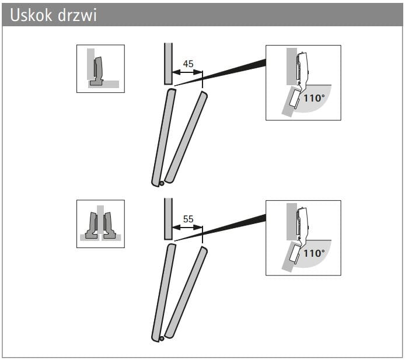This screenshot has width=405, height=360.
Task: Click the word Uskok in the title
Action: (31, 15)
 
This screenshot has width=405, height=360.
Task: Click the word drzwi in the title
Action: (77, 15)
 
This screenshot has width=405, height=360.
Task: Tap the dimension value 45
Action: (188, 64)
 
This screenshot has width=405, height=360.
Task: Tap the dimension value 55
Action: (188, 219)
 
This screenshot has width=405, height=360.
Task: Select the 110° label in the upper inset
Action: (314, 98)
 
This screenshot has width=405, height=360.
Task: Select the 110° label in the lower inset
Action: (314, 253)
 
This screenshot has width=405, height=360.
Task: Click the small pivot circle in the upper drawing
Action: (162, 184)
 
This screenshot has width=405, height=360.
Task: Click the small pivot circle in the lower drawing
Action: (162, 338)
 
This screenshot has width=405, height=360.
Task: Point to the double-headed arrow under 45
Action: (187, 72)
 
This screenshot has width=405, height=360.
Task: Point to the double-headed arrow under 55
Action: (187, 228)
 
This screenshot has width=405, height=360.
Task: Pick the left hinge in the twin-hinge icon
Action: (92, 225)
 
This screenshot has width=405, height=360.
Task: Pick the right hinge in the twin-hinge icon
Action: (109, 225)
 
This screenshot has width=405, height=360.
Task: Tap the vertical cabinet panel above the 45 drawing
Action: (168, 64)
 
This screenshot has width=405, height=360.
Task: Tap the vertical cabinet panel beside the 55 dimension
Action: (168, 219)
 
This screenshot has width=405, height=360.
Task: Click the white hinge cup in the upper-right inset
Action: (295, 99)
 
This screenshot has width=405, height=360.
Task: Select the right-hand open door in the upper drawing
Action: (186, 137)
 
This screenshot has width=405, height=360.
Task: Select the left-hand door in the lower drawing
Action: (163, 292)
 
